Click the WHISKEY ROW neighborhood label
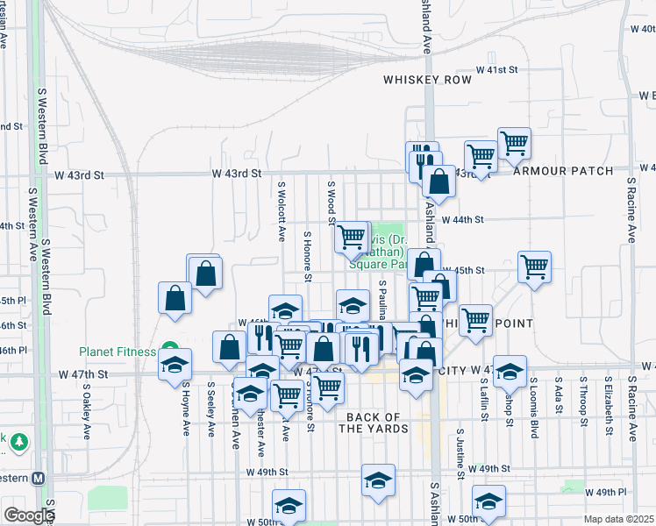click(x=427, y=80)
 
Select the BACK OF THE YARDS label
click(x=376, y=423)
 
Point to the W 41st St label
click(x=497, y=69)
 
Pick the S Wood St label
click(x=332, y=203)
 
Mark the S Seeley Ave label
click(x=211, y=409)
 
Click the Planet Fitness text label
click(x=118, y=352)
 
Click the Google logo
click(x=28, y=515)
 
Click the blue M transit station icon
click(x=37, y=478)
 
